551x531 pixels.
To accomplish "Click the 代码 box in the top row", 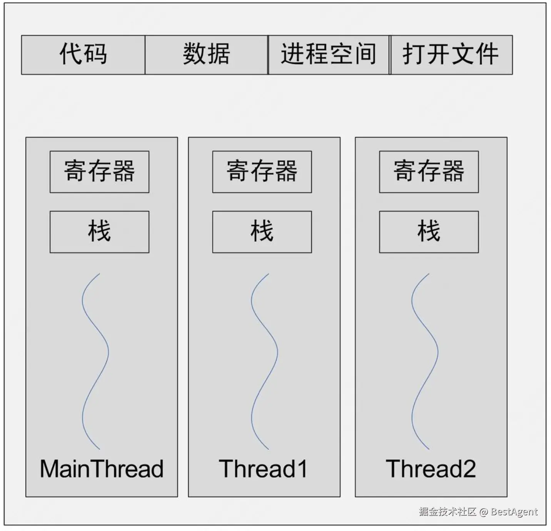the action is pyautogui.click(x=83, y=55).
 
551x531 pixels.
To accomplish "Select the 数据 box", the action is pyautogui.click(x=206, y=55).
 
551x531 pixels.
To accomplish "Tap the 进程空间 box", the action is pyautogui.click(x=329, y=55).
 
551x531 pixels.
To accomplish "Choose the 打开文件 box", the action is pyautogui.click(x=452, y=55).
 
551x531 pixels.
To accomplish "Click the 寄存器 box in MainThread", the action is pyautogui.click(x=99, y=172).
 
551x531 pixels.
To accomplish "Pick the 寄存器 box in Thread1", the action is pyautogui.click(x=262, y=172).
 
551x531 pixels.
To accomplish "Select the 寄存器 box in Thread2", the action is pyautogui.click(x=429, y=172).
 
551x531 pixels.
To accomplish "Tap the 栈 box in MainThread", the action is pyautogui.click(x=99, y=232).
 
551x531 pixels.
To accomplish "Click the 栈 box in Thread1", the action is pyautogui.click(x=262, y=232).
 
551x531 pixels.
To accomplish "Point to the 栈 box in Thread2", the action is pyautogui.click(x=429, y=232).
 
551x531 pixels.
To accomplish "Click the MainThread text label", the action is pyautogui.click(x=102, y=469).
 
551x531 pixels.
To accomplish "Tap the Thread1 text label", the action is pyautogui.click(x=263, y=469).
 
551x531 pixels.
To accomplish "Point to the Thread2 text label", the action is pyautogui.click(x=431, y=469).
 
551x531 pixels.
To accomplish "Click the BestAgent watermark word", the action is pyautogui.click(x=514, y=512).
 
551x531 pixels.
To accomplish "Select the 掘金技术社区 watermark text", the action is pyautogui.click(x=447, y=511).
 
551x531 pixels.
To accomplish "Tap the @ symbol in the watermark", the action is pyautogui.click(x=483, y=512).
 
